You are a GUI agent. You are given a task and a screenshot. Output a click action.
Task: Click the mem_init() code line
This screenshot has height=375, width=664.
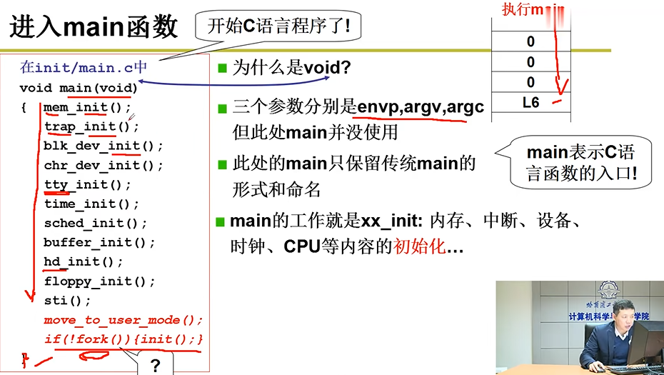[x=87, y=108]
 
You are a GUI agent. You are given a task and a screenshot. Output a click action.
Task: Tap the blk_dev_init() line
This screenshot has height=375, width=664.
[x=103, y=146]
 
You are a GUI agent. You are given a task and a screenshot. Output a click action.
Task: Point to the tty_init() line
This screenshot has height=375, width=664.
[x=87, y=184]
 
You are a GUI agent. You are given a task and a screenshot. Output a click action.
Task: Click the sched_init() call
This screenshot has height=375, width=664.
[x=95, y=223]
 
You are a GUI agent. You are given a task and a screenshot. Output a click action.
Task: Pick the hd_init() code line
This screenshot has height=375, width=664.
[x=83, y=261]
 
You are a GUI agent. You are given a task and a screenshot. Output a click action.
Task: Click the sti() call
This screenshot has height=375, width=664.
[x=67, y=300]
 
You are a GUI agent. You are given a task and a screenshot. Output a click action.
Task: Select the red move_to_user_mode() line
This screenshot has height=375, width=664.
[x=123, y=319]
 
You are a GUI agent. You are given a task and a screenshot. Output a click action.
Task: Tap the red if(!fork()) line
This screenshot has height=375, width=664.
[x=123, y=339]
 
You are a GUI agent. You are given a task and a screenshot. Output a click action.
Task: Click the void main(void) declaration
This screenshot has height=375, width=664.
[x=79, y=88]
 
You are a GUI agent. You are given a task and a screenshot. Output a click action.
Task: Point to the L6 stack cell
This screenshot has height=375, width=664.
[x=530, y=103]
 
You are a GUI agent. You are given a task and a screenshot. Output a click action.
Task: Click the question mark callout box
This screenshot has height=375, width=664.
[x=155, y=365]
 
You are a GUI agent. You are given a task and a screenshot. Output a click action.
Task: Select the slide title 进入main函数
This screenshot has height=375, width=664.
[x=94, y=27]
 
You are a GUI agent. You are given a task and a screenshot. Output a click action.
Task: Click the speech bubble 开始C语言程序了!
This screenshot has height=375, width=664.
[x=278, y=26]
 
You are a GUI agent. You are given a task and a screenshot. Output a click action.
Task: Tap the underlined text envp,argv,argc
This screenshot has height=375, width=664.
[x=421, y=108]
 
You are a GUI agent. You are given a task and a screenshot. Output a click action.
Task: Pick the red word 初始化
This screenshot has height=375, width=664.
[x=419, y=247]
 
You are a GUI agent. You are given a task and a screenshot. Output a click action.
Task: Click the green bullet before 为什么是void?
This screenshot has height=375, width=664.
[x=222, y=69]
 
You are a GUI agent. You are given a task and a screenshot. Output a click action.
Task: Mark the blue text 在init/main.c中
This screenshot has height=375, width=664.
[x=84, y=68]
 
